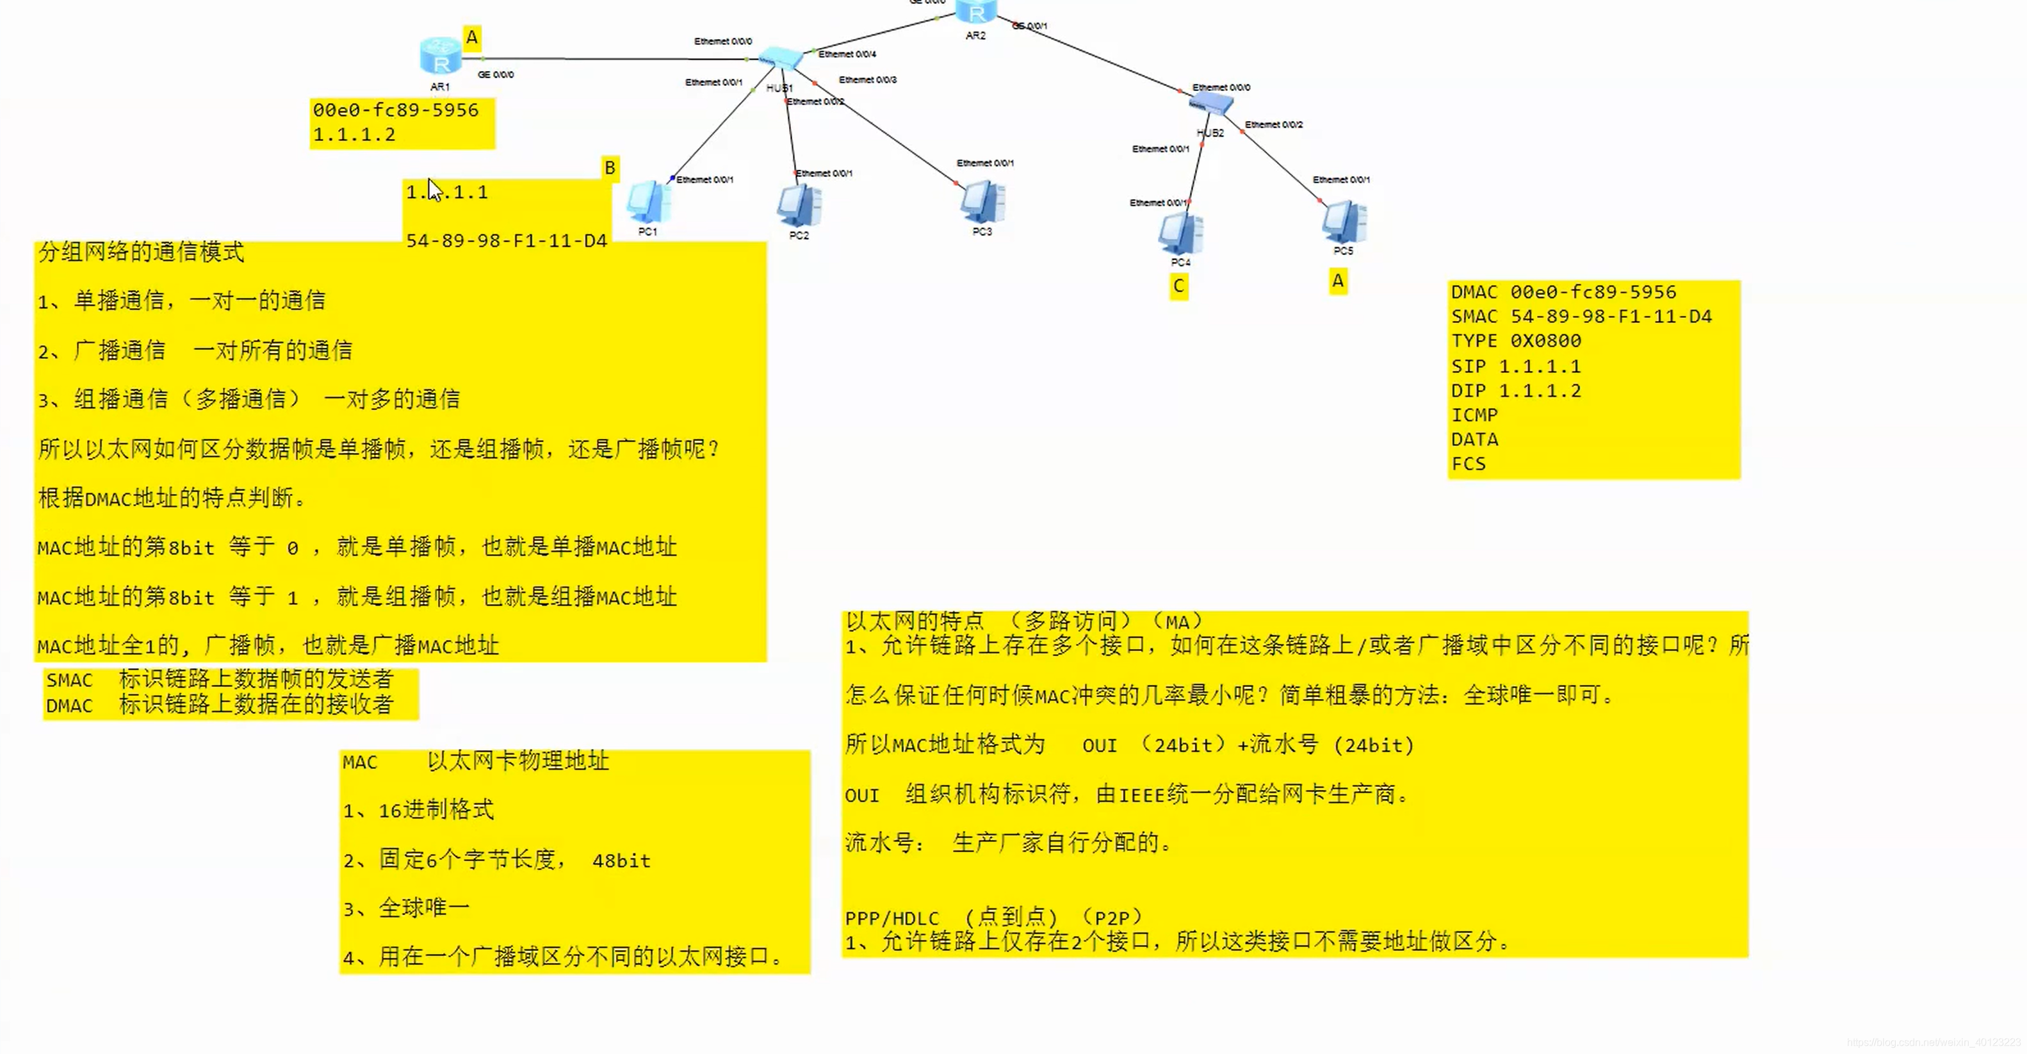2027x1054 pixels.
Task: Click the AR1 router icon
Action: [441, 56]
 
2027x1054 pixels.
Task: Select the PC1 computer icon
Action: [647, 202]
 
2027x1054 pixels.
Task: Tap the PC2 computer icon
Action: [799, 206]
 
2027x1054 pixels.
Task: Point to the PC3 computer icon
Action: [981, 202]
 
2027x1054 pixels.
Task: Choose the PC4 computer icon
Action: [1180, 233]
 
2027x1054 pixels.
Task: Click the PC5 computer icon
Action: [1344, 222]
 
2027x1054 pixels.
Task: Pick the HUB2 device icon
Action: [1211, 103]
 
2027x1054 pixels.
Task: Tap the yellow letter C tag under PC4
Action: [1178, 286]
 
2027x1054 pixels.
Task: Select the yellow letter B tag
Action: [609, 168]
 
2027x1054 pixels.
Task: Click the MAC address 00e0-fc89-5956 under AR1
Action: [395, 111]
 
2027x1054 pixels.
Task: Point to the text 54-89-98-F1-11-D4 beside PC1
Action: [506, 241]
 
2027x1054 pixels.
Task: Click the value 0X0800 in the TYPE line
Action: [1545, 341]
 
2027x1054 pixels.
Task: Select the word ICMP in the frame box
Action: [1474, 415]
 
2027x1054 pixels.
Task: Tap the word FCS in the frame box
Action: [1469, 464]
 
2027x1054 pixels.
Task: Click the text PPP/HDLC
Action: [891, 918]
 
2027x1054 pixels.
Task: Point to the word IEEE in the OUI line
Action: [1142, 795]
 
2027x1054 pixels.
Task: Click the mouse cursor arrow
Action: [434, 190]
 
